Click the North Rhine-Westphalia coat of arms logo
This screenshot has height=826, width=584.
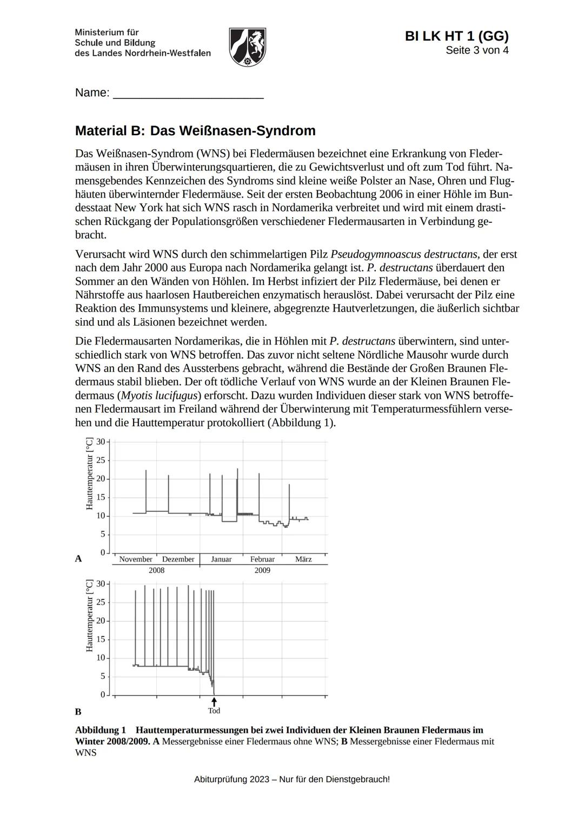click(x=247, y=47)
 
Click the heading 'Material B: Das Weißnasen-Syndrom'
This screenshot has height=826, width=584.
click(x=195, y=131)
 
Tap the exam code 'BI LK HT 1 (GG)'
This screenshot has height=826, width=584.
click(x=456, y=36)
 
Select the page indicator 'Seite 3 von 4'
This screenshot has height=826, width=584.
click(x=477, y=50)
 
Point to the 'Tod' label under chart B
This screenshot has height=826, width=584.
click(x=214, y=711)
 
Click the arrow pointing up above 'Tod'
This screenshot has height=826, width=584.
click(x=214, y=702)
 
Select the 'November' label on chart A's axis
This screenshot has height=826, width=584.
click(x=136, y=559)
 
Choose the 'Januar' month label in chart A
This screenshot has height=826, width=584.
click(x=221, y=559)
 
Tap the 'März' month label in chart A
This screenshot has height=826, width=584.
click(x=303, y=559)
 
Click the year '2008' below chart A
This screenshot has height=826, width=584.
click(x=156, y=570)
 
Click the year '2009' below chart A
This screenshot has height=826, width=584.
click(x=262, y=570)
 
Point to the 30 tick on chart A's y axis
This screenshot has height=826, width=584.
click(x=101, y=442)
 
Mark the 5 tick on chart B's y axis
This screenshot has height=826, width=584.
click(x=102, y=677)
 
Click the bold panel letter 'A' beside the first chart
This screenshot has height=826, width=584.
click(x=78, y=559)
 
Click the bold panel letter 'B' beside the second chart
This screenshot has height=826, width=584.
click(x=78, y=712)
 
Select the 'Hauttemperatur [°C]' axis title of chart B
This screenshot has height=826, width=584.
click(x=90, y=616)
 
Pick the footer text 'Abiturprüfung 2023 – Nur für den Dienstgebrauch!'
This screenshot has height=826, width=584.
click(x=292, y=779)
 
